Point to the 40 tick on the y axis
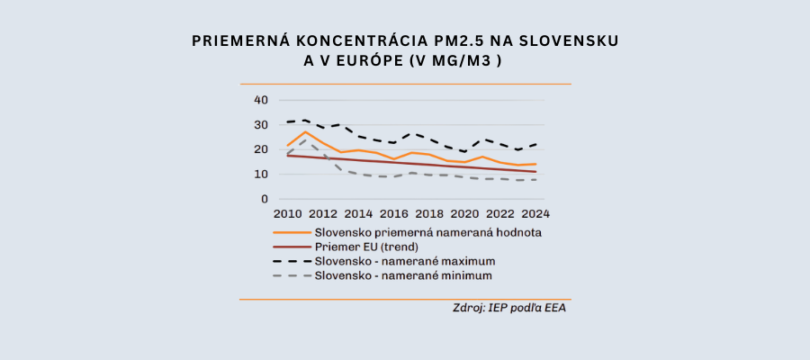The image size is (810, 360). click(261, 99)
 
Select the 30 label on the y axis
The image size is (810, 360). click(261, 124)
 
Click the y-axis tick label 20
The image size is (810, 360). click(261, 149)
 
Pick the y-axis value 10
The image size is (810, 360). click(261, 174)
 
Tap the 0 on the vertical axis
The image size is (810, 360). click(265, 199)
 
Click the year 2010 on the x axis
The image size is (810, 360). click(288, 214)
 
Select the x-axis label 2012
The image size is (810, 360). click(323, 214)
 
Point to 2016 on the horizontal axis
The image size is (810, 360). click(394, 214)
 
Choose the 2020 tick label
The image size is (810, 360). click(464, 214)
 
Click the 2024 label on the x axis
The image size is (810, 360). click(535, 214)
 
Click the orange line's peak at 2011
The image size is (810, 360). click(305, 131)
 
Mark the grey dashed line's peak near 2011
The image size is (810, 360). click(305, 139)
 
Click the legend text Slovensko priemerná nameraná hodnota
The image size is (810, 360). click(432, 231)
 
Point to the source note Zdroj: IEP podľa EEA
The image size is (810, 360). click(509, 308)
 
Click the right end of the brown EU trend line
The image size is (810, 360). click(536, 171)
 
